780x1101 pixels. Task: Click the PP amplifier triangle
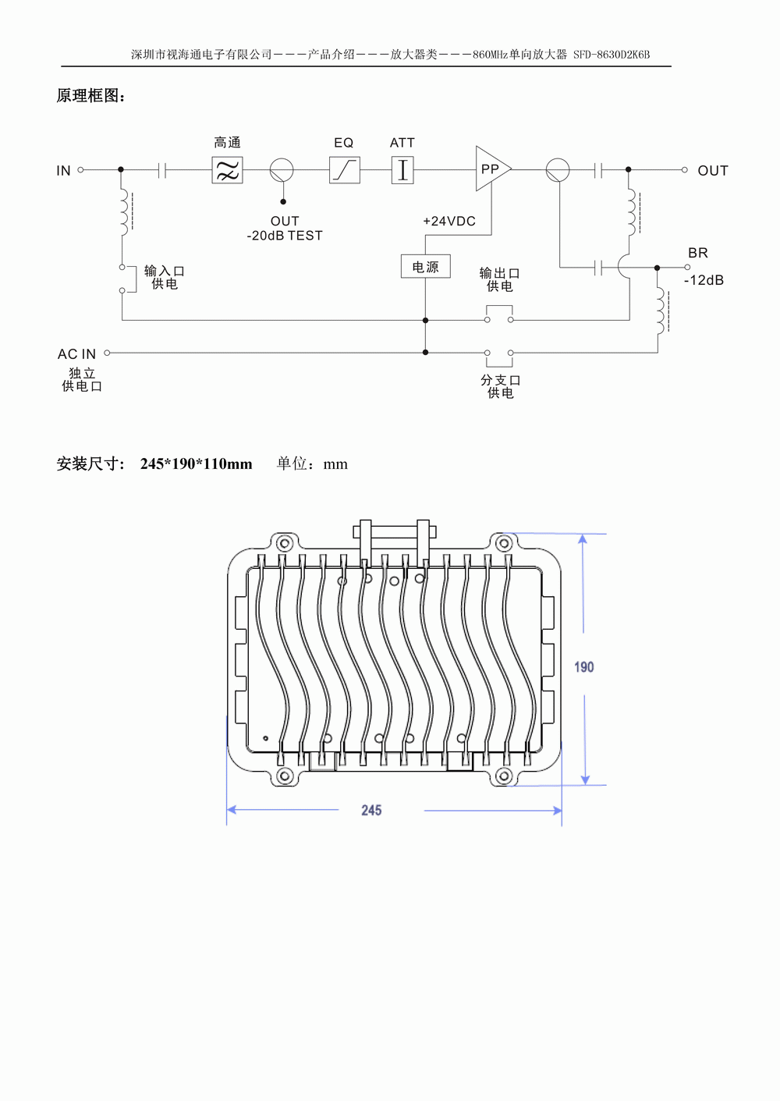(x=491, y=169)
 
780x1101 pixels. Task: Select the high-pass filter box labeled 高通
(x=228, y=170)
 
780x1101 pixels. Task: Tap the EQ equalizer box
(x=344, y=170)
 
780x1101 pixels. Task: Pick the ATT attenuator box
(x=402, y=170)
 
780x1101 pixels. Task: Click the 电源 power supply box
(x=425, y=266)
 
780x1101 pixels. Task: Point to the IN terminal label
(x=63, y=171)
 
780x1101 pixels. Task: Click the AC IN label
(x=76, y=354)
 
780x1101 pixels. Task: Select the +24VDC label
(x=449, y=221)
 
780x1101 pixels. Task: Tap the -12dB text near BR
(x=704, y=280)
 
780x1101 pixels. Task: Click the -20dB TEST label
(x=285, y=236)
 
